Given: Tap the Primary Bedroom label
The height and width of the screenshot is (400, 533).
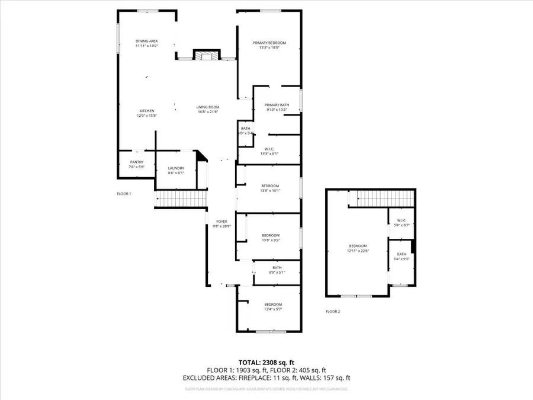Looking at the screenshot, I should (x=269, y=43).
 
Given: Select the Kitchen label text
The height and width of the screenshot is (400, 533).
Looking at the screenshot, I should (x=147, y=111).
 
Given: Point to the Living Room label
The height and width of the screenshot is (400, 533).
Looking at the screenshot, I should (x=208, y=107).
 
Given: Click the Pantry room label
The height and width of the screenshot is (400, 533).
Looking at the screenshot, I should (x=137, y=162).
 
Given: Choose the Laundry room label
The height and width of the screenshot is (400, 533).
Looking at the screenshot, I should (x=176, y=168).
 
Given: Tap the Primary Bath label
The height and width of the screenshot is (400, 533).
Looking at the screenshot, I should (x=277, y=105).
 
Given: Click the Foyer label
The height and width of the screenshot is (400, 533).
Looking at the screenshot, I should (x=221, y=221).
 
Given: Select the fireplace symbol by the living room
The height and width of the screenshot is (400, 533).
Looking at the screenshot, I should (x=204, y=56).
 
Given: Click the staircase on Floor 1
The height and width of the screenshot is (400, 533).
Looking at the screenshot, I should (x=181, y=198).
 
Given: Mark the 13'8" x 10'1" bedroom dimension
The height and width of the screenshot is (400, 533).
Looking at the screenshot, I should (x=271, y=191).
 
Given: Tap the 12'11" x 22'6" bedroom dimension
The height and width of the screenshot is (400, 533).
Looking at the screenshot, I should (x=358, y=251).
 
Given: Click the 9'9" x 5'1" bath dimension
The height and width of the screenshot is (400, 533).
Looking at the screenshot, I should (x=277, y=273).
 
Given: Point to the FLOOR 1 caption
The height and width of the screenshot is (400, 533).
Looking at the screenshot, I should (x=124, y=194).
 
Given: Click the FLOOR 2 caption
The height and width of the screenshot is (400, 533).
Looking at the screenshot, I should (x=333, y=311).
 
